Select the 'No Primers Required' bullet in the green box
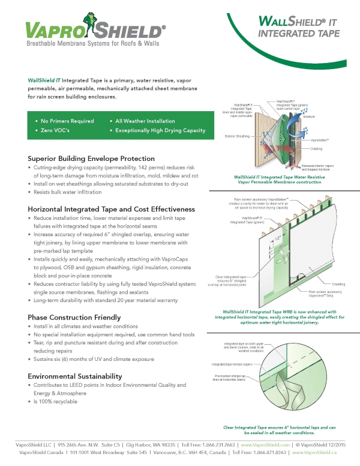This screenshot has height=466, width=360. pyautogui.click(x=65, y=121)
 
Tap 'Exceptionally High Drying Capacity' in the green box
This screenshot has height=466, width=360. pyautogui.click(x=157, y=130)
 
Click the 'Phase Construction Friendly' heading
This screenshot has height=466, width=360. pyautogui.click(x=74, y=316)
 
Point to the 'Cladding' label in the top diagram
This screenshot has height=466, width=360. pyautogui.click(x=317, y=148)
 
